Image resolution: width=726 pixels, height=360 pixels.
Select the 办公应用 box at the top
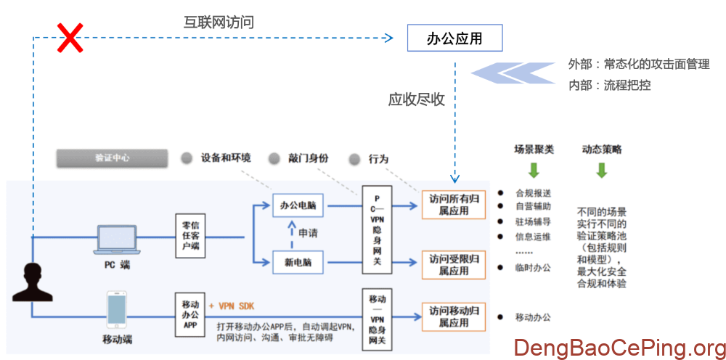pyautogui.click(x=454, y=38)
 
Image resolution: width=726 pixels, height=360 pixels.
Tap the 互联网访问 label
pyautogui.click(x=219, y=22)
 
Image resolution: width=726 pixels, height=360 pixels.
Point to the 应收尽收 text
pyautogui.click(x=417, y=99)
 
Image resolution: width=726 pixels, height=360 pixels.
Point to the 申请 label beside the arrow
pyautogui.click(x=309, y=234)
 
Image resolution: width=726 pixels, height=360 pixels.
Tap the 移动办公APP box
pyautogui.click(x=190, y=314)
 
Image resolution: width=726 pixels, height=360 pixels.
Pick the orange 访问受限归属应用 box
pyautogui.click(x=454, y=264)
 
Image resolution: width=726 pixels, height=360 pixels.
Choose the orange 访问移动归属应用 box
pyautogui.click(x=454, y=316)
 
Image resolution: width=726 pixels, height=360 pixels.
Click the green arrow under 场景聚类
pyautogui.click(x=534, y=171)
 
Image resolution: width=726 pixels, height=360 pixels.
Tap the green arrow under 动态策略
pyautogui.click(x=601, y=171)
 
